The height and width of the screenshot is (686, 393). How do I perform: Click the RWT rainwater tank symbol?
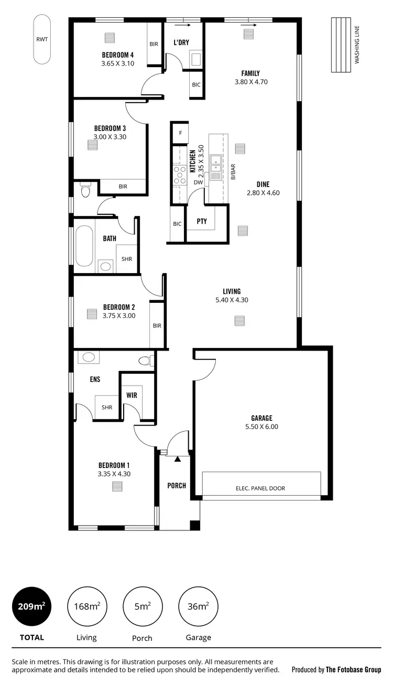[42, 39]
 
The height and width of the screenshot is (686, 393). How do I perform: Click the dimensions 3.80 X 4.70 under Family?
[251, 82]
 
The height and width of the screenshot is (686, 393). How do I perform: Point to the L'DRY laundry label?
[181, 42]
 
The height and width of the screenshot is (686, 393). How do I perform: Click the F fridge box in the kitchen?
[180, 133]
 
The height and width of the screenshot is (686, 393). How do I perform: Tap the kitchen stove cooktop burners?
[180, 175]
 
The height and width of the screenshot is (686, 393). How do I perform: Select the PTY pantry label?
[202, 222]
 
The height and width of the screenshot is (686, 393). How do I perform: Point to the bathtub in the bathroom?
[84, 246]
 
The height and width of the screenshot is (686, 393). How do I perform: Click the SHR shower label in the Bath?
[127, 259]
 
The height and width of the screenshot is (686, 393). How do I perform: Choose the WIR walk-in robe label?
[132, 395]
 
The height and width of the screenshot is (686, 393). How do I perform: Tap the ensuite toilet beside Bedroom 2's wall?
[146, 361]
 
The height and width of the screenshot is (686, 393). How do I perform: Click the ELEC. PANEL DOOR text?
[260, 488]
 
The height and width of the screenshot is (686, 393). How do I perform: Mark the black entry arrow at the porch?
[178, 459]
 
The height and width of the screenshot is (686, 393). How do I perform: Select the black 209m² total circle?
[31, 607]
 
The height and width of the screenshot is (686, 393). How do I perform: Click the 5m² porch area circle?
[142, 607]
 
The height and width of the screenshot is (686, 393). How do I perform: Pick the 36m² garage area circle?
[198, 607]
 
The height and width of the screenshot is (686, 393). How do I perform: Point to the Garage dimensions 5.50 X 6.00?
[261, 427]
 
